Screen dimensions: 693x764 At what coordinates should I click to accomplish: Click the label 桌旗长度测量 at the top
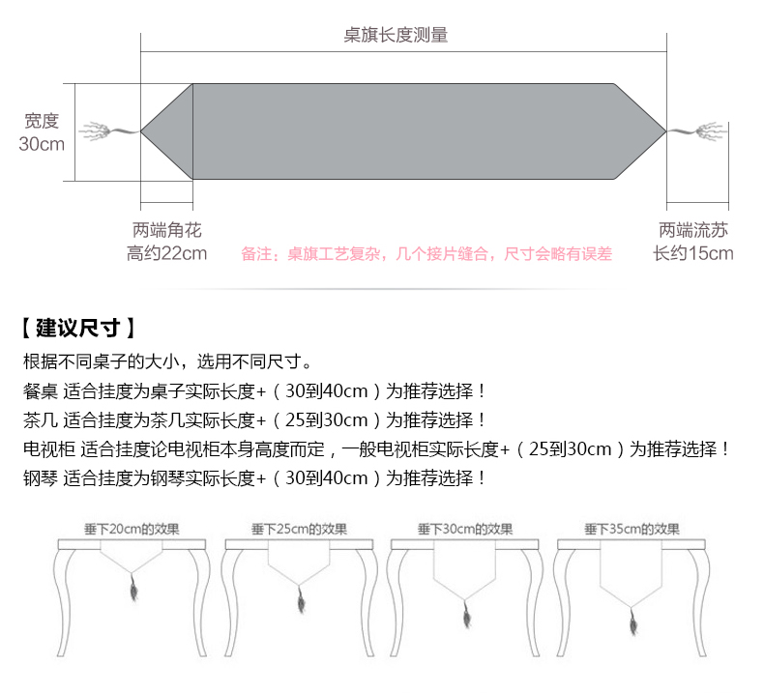396,36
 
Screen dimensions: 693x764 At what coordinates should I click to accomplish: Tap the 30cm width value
42,144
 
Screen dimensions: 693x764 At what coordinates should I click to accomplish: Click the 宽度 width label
42,121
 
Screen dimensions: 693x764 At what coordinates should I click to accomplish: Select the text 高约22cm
167,254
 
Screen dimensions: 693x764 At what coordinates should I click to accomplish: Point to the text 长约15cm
693,254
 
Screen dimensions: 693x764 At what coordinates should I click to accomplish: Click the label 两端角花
167,231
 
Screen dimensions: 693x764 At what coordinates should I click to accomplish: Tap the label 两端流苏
693,231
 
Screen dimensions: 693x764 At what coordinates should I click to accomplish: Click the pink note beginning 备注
426,254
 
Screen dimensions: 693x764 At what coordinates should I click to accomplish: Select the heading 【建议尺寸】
76,328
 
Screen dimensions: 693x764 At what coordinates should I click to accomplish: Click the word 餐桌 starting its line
41,391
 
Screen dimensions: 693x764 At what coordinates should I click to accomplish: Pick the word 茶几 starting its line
41,420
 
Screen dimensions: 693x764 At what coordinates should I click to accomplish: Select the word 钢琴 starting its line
41,478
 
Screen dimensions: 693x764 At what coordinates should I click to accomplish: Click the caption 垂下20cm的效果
132,530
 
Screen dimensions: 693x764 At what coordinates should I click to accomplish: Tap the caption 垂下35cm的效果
632,530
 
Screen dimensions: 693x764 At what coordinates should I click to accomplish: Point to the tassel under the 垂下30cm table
465,613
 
